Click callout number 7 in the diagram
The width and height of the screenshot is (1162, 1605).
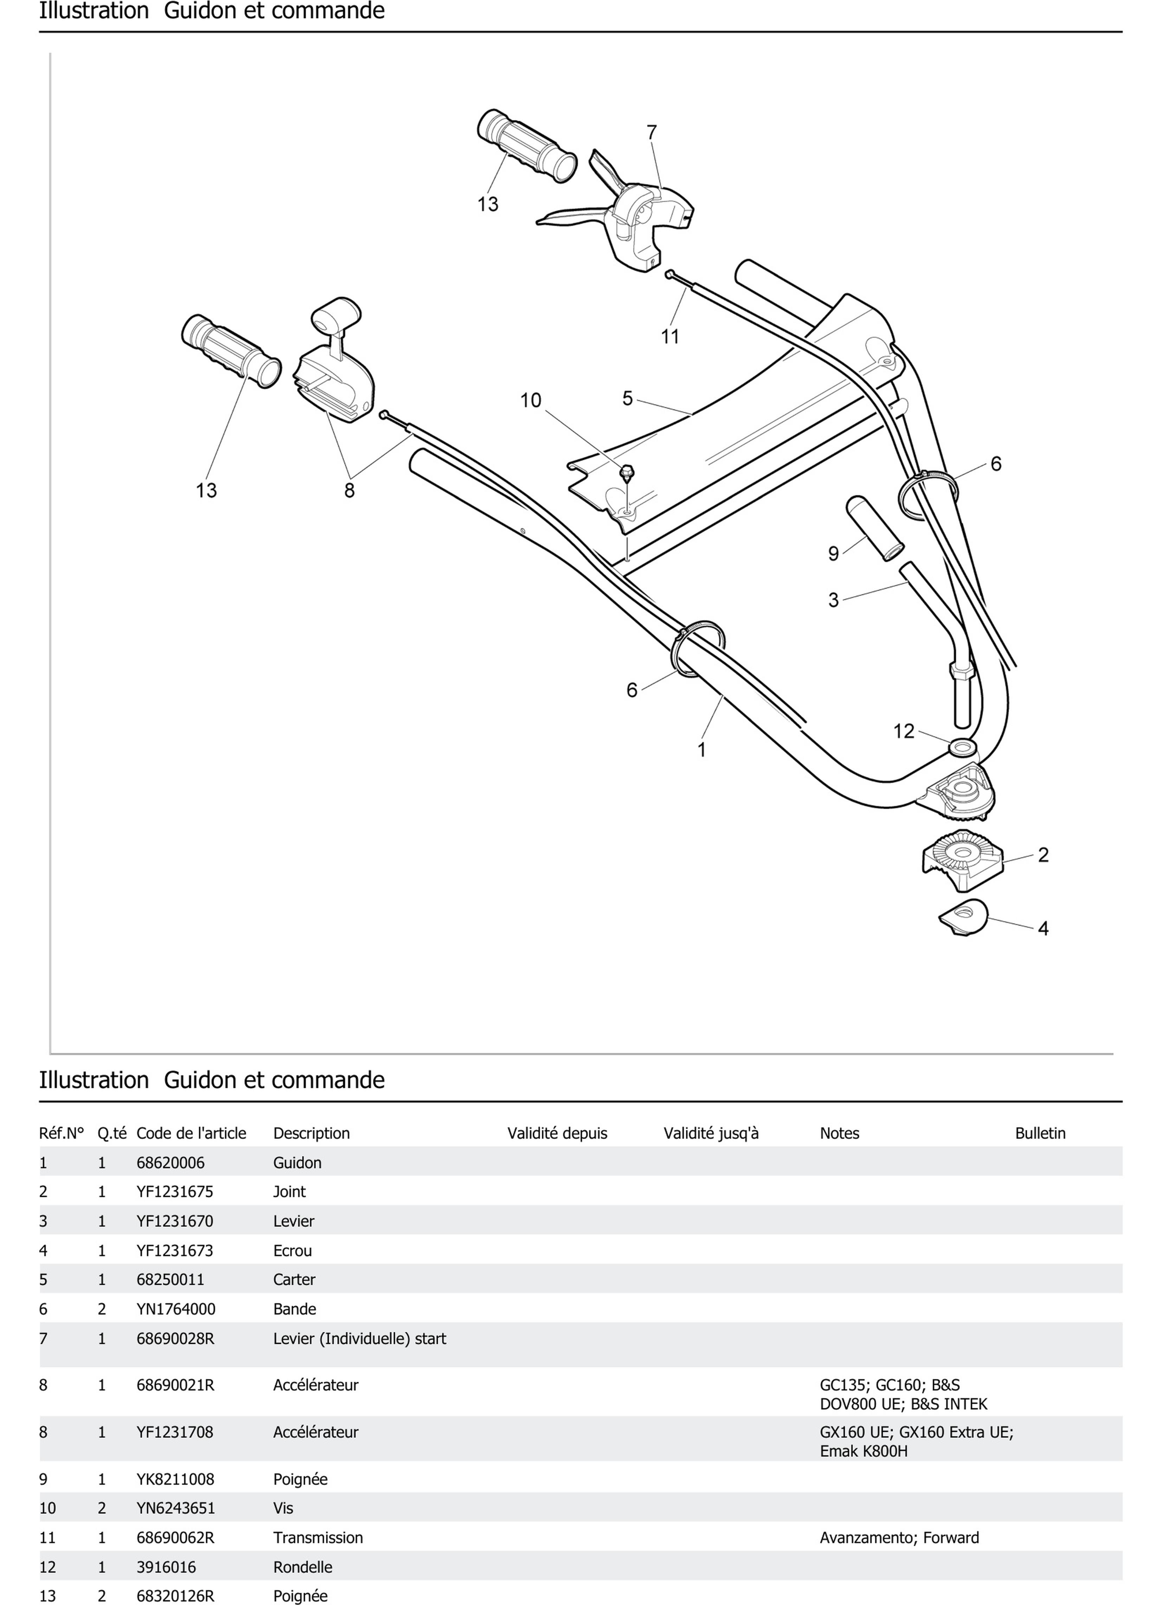(651, 132)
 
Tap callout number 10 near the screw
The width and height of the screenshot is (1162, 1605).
(530, 401)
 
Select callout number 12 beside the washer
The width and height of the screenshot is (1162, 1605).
(904, 731)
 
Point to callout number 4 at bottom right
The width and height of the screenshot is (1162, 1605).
(1043, 928)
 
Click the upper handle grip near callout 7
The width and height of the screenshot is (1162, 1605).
(527, 147)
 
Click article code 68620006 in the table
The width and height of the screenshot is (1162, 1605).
(170, 1163)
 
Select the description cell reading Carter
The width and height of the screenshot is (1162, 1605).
(294, 1279)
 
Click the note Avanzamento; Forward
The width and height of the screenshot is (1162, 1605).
(899, 1538)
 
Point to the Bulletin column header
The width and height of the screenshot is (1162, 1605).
(1040, 1133)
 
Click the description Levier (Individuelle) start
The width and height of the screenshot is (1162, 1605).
(359, 1338)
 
